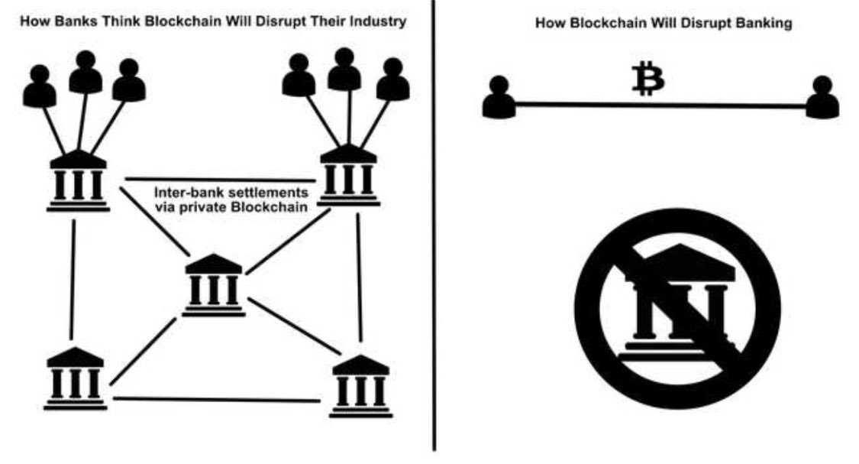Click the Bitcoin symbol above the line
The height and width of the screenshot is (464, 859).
coord(648,80)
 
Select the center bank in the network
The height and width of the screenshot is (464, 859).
coord(214,286)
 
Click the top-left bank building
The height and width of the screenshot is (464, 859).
coord(78,180)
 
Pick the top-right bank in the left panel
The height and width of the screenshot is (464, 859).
coord(348,176)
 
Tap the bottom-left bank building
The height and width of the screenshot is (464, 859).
coord(74,379)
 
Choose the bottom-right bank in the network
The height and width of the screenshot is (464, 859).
coord(361,386)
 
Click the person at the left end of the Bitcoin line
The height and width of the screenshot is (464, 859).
coord(499,97)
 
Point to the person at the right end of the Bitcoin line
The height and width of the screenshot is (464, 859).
coord(822,97)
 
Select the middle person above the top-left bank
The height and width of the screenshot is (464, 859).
coord(86,72)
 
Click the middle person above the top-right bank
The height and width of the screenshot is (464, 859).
coord(344,70)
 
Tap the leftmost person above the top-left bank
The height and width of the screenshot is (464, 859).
coord(40,86)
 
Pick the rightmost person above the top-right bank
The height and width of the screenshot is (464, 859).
coord(392,79)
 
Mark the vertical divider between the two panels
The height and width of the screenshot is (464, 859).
coord(435,229)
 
